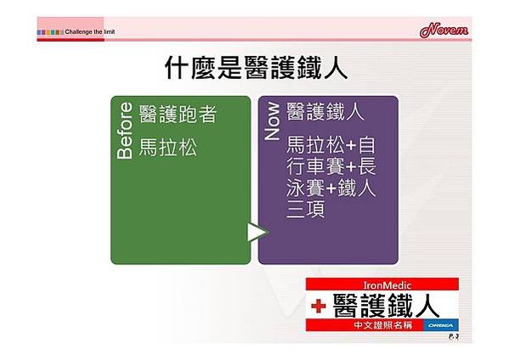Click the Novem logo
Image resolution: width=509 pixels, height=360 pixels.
[444, 30]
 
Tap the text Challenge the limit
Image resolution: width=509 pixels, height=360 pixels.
[90, 31]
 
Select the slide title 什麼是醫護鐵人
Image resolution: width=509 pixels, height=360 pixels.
[257, 68]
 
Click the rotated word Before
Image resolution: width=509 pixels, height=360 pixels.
[125, 131]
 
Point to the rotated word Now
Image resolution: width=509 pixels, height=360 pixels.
[272, 121]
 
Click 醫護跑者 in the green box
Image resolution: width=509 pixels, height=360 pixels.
[178, 114]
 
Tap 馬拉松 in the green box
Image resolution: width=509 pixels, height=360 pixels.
[168, 147]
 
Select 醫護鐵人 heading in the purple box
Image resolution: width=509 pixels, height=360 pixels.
[325, 111]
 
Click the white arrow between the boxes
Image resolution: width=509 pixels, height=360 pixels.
[257, 232]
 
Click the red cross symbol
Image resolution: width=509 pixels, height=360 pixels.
[319, 306]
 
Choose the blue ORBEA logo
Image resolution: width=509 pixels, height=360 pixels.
[441, 325]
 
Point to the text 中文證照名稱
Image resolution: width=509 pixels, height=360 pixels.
[383, 325]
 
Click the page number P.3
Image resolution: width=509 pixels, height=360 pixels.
[454, 336]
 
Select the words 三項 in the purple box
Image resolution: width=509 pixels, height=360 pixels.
[305, 209]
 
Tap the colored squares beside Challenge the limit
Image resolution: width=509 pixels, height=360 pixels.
[50, 32]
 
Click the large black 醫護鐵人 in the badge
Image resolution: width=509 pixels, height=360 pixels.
[386, 305]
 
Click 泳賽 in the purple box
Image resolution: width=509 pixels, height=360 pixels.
[305, 188]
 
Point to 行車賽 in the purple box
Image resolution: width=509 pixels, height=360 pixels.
[315, 166]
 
